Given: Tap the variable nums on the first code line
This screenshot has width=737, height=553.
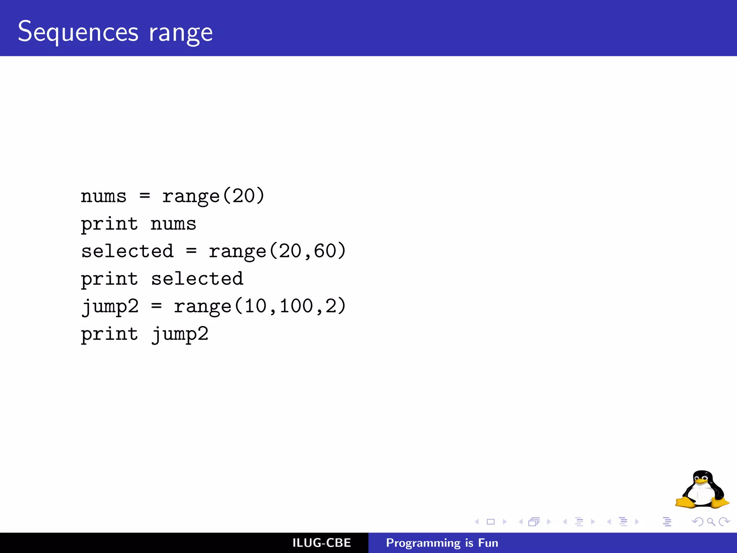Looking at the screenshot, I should click(x=104, y=197).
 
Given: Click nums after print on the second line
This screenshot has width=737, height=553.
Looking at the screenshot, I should click(x=173, y=224).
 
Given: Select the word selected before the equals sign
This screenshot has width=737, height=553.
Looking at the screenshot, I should click(x=127, y=251).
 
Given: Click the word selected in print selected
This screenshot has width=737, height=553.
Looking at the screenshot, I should click(x=197, y=279).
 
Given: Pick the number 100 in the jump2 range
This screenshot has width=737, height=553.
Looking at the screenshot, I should click(x=296, y=306).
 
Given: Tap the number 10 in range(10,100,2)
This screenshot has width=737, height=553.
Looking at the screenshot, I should click(x=256, y=306).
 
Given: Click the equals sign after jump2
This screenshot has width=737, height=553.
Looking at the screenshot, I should click(x=156, y=306).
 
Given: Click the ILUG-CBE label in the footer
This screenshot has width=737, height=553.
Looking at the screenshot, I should click(x=321, y=543).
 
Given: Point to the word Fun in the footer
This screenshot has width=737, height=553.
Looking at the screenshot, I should click(x=488, y=543).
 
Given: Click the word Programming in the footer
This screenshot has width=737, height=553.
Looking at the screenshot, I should click(x=423, y=543).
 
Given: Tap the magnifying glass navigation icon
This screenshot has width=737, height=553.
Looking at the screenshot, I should click(x=711, y=522).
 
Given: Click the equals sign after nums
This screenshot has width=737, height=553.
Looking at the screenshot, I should click(x=145, y=196).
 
